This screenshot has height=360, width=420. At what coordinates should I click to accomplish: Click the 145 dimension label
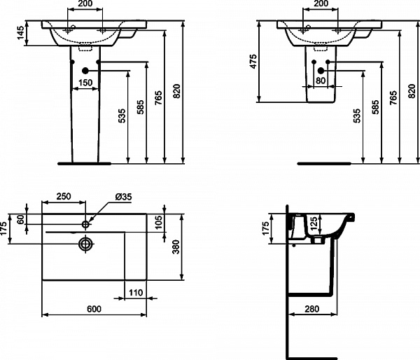[x=22, y=32]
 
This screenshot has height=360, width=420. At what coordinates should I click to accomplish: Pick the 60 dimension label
[x=21, y=219]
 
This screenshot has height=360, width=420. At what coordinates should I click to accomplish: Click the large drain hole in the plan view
[x=85, y=244]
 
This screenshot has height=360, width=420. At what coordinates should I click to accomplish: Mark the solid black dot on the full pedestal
[x=85, y=71]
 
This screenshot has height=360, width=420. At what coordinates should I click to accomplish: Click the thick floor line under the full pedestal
[x=83, y=164]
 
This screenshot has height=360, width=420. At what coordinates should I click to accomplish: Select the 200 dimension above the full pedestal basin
[x=85, y=4]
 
